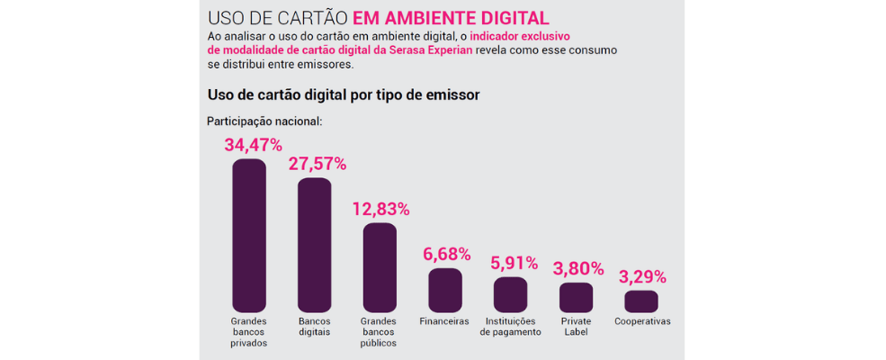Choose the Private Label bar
coord(576,298)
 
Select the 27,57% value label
coord(317,164)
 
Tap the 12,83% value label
coord(380,209)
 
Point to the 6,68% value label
coord(447,255)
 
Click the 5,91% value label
coord(514,264)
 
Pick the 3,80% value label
coord(577,268)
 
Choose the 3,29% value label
coord(642,276)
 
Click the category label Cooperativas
coord(642,321)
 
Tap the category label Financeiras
coord(444,321)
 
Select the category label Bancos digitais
coord(315,327)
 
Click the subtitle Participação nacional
coord(264,121)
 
